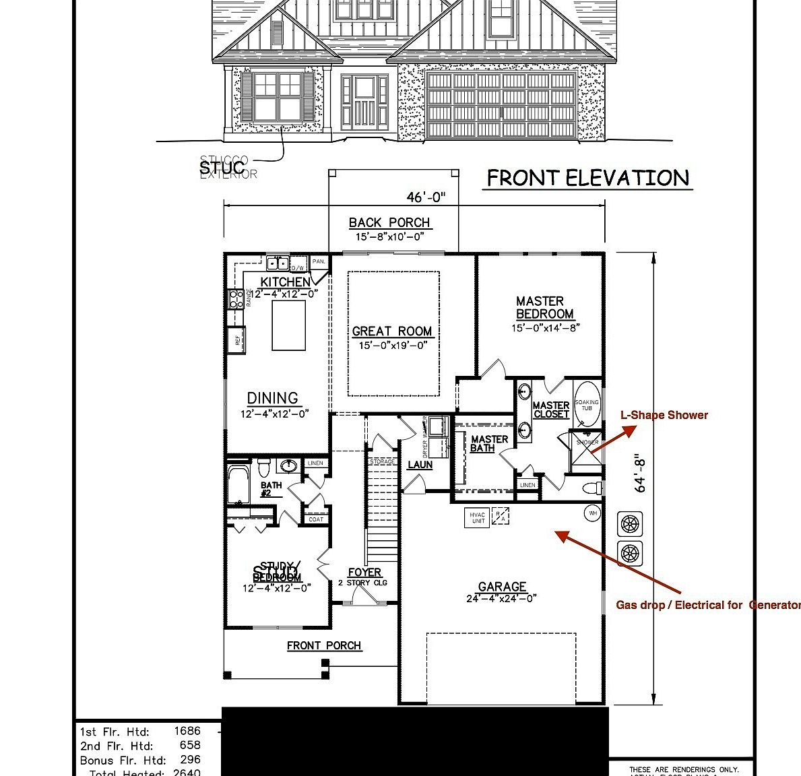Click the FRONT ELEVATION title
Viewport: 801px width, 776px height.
click(587, 179)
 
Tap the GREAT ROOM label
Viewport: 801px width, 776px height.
click(392, 331)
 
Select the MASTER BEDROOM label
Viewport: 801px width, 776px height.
click(544, 308)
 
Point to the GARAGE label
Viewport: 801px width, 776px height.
click(502, 587)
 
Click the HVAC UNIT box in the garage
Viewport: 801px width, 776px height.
click(478, 517)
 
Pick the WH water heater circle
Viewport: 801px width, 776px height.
click(593, 513)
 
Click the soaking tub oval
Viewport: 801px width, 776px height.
click(587, 404)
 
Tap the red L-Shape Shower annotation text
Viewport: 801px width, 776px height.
click(664, 415)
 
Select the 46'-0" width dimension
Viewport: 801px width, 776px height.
click(426, 197)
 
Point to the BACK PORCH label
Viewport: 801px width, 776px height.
click(389, 223)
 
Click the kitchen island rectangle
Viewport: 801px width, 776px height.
click(288, 325)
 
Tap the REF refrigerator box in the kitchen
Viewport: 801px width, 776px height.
click(238, 340)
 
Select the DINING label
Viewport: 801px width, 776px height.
click(273, 398)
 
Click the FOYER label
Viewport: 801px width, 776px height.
click(364, 573)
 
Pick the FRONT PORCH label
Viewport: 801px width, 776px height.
click(324, 645)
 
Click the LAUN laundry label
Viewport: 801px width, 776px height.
click(420, 465)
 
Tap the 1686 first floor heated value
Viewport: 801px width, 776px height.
click(187, 731)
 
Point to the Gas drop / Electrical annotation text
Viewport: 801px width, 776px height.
click(707, 605)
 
